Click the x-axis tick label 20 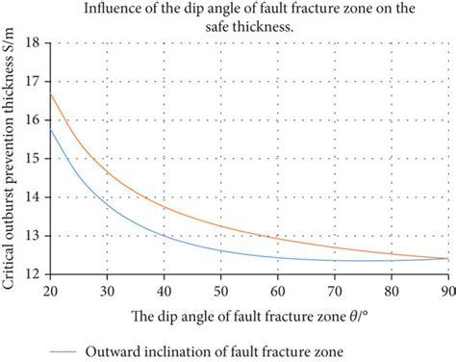[49, 286]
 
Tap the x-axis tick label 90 [446, 286]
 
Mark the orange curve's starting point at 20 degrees [49, 93]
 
